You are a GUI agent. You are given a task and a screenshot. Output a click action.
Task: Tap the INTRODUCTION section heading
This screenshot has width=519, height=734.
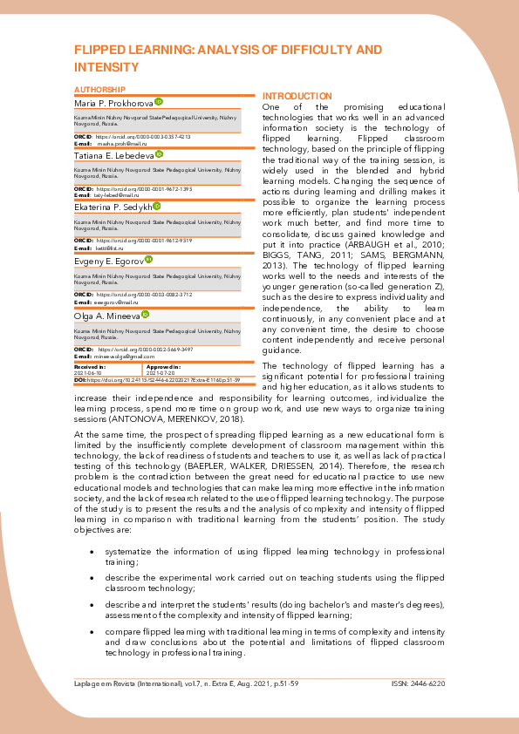297,96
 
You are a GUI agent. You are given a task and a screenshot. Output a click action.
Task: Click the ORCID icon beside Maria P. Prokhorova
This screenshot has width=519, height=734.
159,103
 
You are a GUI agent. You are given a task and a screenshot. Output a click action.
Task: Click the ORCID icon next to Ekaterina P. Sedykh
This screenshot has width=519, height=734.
157,206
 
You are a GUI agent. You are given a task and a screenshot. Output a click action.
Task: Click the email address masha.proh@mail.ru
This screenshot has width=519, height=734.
114,144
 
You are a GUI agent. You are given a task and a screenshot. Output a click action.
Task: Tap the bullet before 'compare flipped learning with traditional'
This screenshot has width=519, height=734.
92,630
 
